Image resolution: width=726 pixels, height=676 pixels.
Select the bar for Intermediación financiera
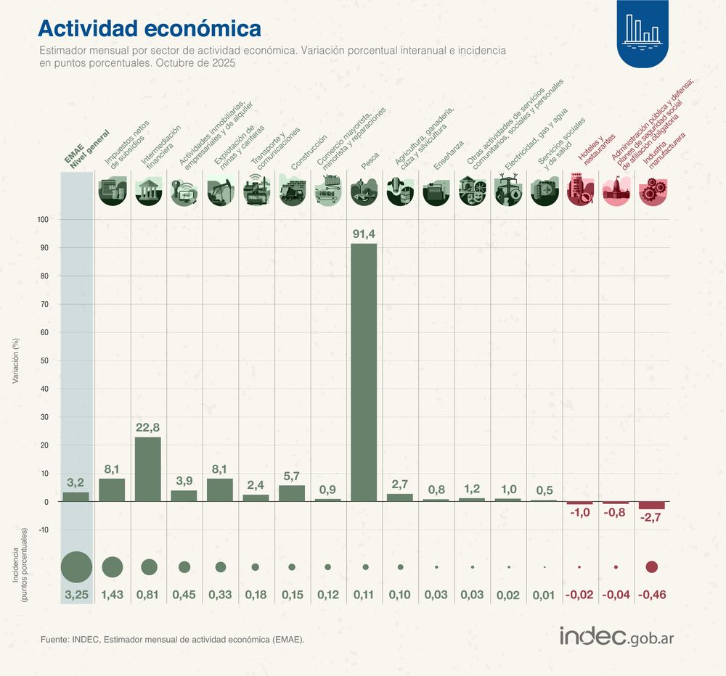pyautogui.click(x=149, y=469)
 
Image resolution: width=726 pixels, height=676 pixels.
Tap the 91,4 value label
pyautogui.click(x=364, y=234)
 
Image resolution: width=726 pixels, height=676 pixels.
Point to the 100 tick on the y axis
pyautogui.click(x=43, y=220)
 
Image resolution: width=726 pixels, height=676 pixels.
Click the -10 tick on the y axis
pyautogui.click(x=43, y=530)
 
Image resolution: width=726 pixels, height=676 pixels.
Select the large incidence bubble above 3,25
pyautogui.click(x=76, y=566)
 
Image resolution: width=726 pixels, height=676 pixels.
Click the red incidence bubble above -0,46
pyautogui.click(x=651, y=567)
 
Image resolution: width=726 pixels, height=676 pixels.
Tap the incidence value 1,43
pyautogui.click(x=113, y=595)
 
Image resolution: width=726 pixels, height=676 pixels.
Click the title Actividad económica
pyautogui.click(x=149, y=28)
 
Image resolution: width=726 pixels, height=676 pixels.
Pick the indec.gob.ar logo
pyautogui.click(x=616, y=637)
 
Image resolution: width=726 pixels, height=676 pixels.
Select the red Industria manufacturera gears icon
pyautogui.click(x=651, y=191)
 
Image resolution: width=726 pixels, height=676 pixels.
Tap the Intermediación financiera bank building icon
pyautogui.click(x=149, y=191)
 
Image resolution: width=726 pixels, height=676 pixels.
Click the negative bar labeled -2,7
pyautogui.click(x=651, y=505)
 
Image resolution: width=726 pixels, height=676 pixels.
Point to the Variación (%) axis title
pyautogui.click(x=17, y=360)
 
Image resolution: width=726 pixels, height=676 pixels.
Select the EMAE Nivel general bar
pyautogui.click(x=76, y=497)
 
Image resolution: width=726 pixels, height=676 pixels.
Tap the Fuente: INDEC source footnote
pyautogui.click(x=172, y=639)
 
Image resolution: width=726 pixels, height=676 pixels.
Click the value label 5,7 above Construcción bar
pyautogui.click(x=292, y=476)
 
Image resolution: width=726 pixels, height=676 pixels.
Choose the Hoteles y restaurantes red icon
pyautogui.click(x=579, y=191)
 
